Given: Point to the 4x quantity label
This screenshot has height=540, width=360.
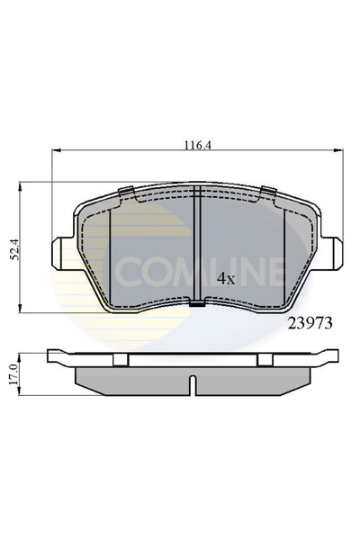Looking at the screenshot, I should (x=225, y=278).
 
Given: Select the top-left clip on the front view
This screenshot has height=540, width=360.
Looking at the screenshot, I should (x=126, y=191).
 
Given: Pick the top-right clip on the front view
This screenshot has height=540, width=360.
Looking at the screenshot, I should (x=268, y=191).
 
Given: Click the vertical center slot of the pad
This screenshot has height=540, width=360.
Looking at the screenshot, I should (x=196, y=243).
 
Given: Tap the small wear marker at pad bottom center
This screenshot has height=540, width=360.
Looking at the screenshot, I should (x=196, y=307).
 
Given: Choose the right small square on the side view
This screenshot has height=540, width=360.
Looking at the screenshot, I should (x=264, y=359).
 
